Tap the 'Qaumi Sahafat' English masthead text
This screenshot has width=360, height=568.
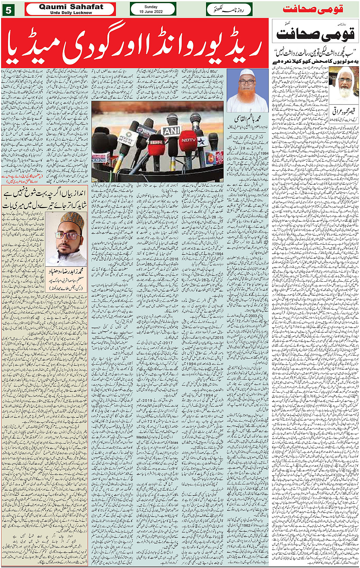tap(71, 7)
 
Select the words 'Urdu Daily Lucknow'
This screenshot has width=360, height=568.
tap(71, 13)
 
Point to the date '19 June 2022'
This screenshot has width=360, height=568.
tap(153, 11)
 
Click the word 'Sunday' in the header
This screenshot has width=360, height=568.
tap(153, 6)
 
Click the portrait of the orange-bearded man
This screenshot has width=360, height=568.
tap(247, 90)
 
